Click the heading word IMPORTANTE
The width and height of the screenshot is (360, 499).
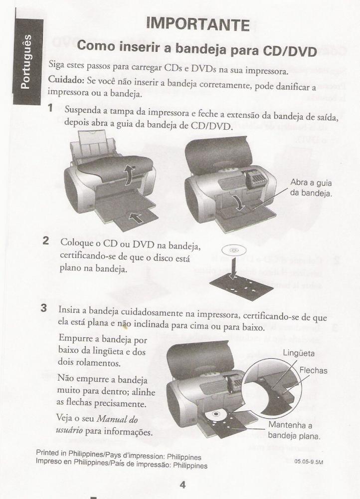coord(198,24)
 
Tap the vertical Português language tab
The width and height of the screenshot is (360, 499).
coord(28,61)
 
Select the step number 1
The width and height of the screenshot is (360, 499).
coord(50,108)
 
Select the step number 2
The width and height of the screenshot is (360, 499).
coord(46,241)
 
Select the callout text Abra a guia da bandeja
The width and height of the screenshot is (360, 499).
coord(311,188)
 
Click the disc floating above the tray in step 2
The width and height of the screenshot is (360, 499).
coord(234,250)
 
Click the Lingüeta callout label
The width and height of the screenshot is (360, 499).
coord(299,353)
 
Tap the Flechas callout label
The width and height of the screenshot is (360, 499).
coord(313,370)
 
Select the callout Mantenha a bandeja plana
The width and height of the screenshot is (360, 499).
coord(294,430)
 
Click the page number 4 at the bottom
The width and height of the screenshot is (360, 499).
coord(182,485)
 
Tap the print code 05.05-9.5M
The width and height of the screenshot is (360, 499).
coord(309,462)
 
